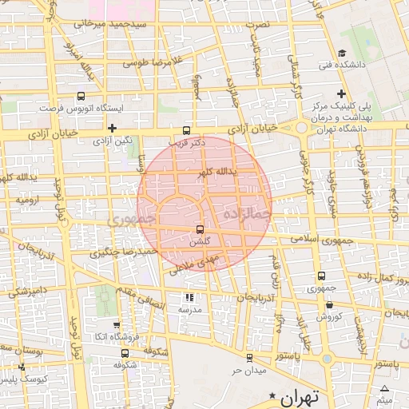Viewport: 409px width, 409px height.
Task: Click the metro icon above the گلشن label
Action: tap(199, 230)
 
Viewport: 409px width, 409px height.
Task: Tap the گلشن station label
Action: tap(202, 241)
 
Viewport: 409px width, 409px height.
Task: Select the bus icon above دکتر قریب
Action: tap(187, 130)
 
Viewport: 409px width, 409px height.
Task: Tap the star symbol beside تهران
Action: tap(275, 395)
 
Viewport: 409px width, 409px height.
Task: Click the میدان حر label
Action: tap(248, 371)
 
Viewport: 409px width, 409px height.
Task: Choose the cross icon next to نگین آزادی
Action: tap(113, 128)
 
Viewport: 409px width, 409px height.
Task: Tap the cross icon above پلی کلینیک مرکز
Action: tap(342, 93)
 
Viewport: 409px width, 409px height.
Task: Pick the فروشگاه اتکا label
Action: tap(116, 338)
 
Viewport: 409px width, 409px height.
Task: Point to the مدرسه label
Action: tap(189, 309)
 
